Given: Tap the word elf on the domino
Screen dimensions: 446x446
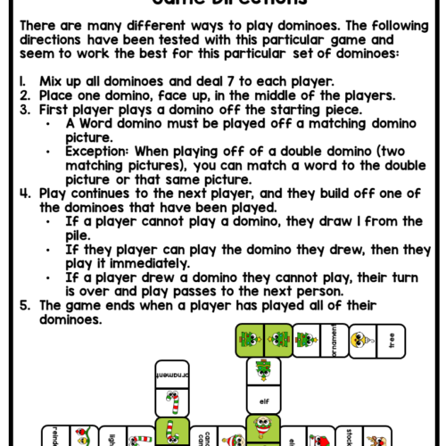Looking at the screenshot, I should click(264, 401).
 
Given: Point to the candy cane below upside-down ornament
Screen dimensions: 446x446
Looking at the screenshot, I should click(172, 401).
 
